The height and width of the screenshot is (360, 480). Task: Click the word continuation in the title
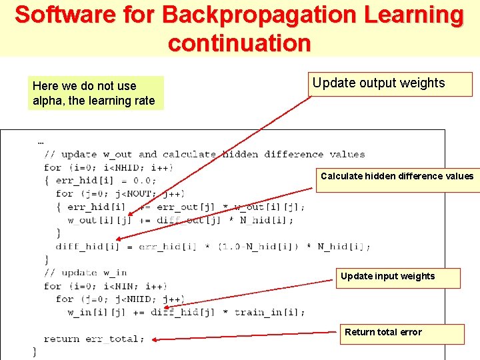click(239, 43)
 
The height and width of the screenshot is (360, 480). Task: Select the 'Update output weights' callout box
click(391, 84)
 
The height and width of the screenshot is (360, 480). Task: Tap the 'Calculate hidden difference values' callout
click(397, 179)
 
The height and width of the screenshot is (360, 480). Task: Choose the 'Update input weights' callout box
click(397, 277)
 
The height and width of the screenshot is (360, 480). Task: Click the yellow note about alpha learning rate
click(97, 93)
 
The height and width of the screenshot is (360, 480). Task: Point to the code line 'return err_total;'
click(94, 339)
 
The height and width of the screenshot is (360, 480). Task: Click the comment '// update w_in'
click(85, 273)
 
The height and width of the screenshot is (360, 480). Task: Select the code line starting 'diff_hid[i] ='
click(213, 247)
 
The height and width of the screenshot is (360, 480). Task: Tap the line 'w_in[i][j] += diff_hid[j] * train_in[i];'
click(186, 313)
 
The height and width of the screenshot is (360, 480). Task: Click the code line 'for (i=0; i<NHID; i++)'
click(109, 167)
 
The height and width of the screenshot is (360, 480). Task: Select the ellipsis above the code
click(41, 142)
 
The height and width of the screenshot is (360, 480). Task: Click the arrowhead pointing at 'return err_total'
click(154, 339)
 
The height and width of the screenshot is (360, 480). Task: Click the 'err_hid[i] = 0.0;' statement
click(106, 181)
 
